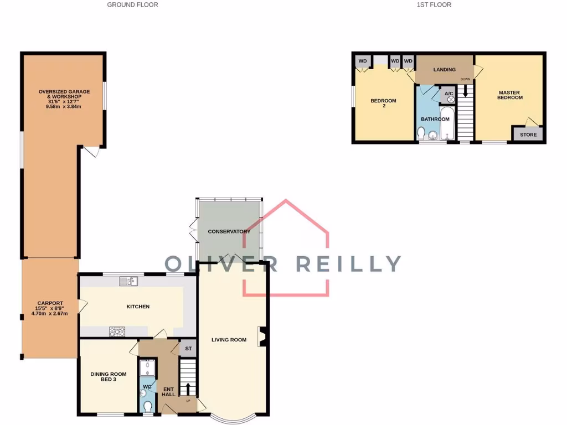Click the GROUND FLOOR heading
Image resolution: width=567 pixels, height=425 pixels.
[x=132, y=4]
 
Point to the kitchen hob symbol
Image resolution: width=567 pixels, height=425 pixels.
[x=117, y=331]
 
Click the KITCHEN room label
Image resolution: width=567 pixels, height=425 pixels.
[x=138, y=307]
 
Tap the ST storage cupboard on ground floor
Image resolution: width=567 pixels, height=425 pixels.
[x=188, y=349]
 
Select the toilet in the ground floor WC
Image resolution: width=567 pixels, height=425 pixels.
[x=148, y=407]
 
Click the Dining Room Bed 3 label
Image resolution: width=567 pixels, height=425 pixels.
[x=108, y=377]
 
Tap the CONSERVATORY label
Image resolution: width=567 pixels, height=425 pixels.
[x=229, y=231]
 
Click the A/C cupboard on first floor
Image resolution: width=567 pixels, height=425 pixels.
[x=449, y=95]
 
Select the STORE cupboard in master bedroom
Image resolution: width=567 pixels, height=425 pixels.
[x=528, y=134]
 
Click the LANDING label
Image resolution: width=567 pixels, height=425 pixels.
[x=444, y=70]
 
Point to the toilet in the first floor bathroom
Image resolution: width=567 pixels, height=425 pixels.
[x=422, y=133]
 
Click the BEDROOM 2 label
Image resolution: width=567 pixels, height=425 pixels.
[x=383, y=103]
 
